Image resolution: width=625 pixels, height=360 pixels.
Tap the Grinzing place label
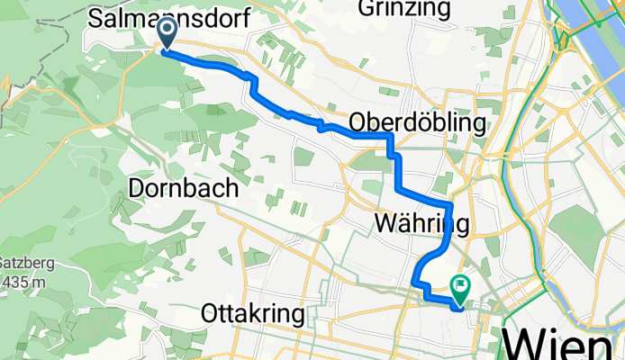tap(404, 8)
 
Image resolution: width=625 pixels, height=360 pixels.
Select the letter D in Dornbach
tap(138, 188)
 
